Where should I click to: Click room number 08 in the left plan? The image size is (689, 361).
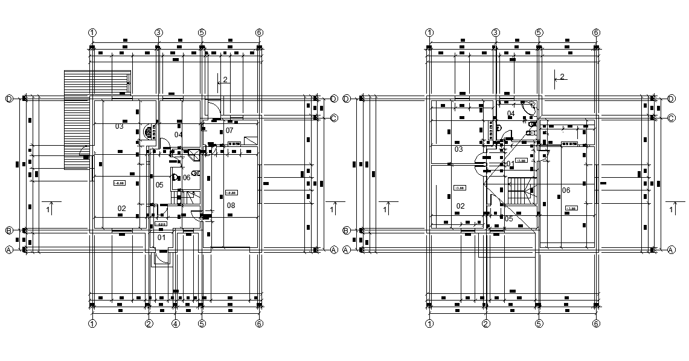[x=231, y=206]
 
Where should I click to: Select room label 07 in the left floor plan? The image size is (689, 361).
[x=229, y=130]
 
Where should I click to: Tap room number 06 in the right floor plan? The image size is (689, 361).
[x=566, y=190]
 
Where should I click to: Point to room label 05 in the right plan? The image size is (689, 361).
[x=508, y=219]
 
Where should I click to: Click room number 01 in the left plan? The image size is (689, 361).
[x=161, y=237]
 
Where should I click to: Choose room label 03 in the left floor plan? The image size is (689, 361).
[x=119, y=126]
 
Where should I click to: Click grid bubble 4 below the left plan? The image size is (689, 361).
[x=175, y=324]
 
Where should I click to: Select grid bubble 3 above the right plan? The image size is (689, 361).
[x=495, y=32]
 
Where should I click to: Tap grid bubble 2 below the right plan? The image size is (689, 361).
[x=485, y=324]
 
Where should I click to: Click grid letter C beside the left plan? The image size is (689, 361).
[x=333, y=117]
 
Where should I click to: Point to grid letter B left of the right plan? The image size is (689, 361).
[x=347, y=230]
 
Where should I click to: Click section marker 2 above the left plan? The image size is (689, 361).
[x=224, y=79]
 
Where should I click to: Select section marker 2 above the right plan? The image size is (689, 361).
[x=561, y=76]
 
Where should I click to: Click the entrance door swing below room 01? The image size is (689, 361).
[x=162, y=258]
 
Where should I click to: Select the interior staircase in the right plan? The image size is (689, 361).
[x=521, y=192]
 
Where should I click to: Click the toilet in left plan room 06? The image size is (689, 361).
[x=175, y=177]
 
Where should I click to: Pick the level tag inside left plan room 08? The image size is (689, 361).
[x=231, y=193]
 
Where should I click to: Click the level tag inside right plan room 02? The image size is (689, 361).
[x=459, y=187]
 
